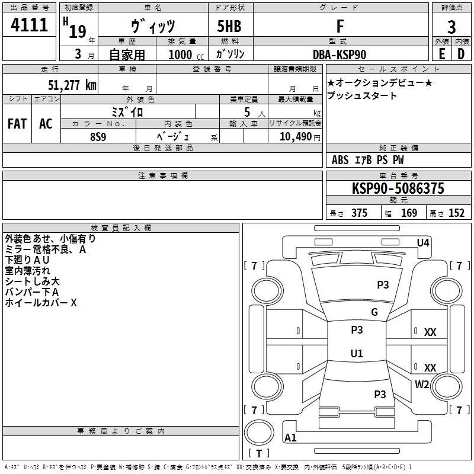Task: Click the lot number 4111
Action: click(x=29, y=25)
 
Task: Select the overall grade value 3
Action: click(x=451, y=27)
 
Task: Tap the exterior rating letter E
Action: click(x=441, y=54)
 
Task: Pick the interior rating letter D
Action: click(x=461, y=54)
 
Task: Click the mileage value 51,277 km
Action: click(x=72, y=85)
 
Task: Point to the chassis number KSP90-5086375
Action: click(x=398, y=188)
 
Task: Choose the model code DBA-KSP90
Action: click(x=340, y=55)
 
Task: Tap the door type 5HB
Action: click(x=229, y=26)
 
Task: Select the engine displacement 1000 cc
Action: click(x=186, y=55)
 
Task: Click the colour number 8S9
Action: click(x=98, y=137)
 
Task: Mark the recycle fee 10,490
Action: click(x=296, y=136)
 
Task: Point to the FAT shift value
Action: click(x=17, y=124)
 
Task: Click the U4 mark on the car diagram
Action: click(x=423, y=243)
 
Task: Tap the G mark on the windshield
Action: click(x=374, y=312)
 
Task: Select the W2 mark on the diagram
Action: click(x=422, y=385)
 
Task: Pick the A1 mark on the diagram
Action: click(x=290, y=437)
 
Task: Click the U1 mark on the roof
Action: click(x=357, y=353)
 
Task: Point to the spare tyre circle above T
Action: click(x=259, y=433)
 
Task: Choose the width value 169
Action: click(x=409, y=213)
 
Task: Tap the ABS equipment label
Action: click(x=340, y=160)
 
